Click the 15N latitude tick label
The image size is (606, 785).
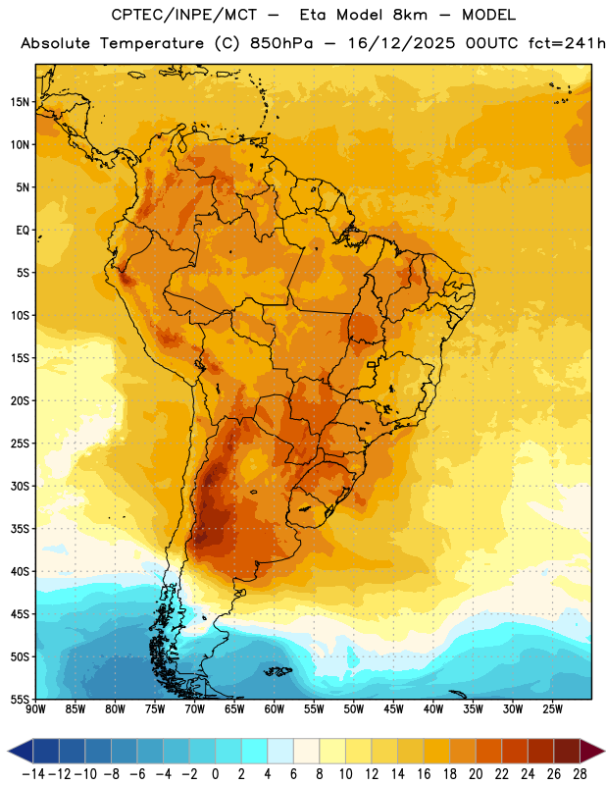pos(20,102)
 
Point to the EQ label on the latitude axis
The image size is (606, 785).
pos(23,231)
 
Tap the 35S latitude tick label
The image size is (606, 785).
pos(20,529)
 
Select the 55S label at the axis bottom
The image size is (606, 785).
pos(20,699)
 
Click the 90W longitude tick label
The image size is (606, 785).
pos(35,709)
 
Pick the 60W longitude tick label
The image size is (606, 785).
pos(275,709)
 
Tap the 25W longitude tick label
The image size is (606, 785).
pos(552,709)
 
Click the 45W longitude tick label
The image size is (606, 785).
pos(393,709)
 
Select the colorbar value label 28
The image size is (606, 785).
pos(580,774)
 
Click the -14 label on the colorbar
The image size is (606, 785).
pos(33,774)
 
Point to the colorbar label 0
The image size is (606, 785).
pos(215,774)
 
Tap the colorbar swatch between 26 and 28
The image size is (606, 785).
pos(567,752)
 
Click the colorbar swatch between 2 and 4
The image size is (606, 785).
pos(254,752)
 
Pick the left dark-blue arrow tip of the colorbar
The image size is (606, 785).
pos(8,752)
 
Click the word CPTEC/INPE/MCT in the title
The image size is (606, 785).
pos(183,15)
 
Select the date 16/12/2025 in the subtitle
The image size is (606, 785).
pos(401,43)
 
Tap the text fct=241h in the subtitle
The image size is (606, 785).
pos(567,43)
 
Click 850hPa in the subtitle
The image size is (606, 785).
pos(281,43)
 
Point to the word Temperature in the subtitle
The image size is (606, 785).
pos(152,43)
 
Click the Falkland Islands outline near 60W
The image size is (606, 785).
pos(278,670)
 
